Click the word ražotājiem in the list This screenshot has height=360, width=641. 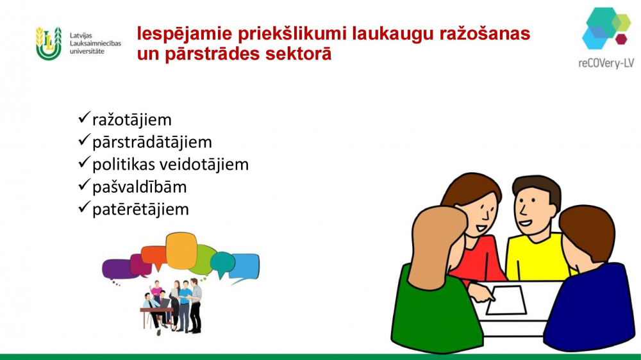131,120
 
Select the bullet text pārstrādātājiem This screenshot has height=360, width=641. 152,142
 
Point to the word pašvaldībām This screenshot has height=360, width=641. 139,187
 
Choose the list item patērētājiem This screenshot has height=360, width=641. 140,209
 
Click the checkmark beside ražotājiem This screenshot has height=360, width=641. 84,118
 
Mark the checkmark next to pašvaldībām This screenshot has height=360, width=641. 84,184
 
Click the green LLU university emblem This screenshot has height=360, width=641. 48,44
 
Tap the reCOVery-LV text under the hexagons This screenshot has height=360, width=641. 606,63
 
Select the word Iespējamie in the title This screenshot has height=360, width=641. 185,34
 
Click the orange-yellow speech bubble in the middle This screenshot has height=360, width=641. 181,250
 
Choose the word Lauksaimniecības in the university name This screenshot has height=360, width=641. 96,44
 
